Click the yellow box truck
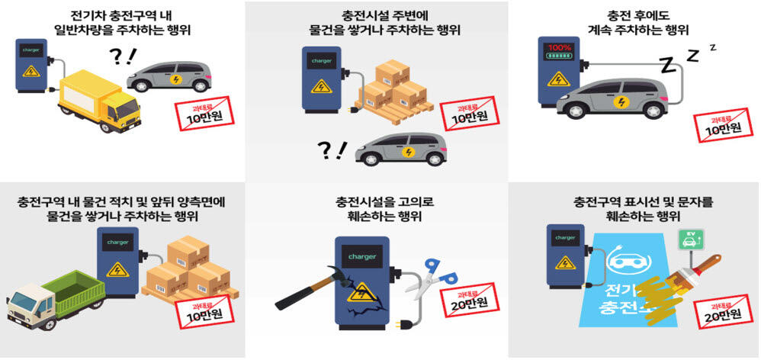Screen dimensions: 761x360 [100, 101]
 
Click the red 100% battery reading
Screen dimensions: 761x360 [560, 48]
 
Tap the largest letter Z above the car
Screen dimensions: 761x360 [668, 65]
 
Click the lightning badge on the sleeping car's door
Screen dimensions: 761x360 [620, 102]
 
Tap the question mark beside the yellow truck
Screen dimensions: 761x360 [116, 56]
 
